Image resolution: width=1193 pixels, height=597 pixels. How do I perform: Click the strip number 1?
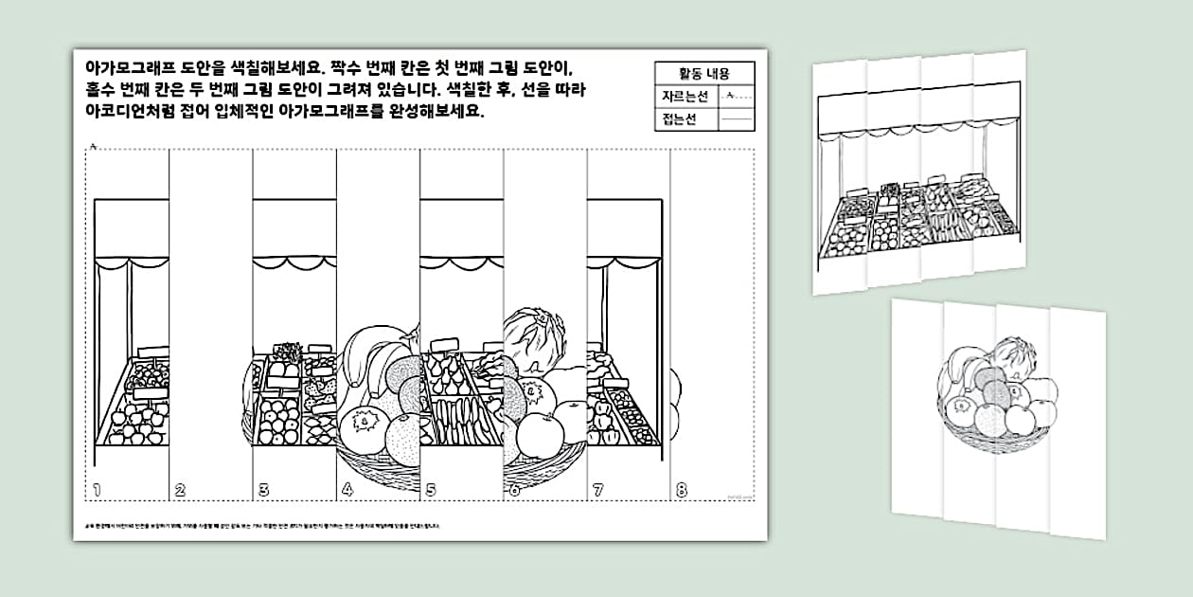[98, 490]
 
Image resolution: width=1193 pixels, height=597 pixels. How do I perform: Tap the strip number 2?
[180, 490]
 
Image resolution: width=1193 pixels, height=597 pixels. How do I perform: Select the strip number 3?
[263, 490]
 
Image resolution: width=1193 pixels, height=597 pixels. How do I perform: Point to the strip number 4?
[347, 490]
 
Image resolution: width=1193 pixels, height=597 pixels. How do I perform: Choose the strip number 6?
[514, 490]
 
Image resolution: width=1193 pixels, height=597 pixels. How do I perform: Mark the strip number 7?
[597, 490]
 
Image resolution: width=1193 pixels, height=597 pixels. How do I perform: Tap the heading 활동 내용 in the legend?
[703, 73]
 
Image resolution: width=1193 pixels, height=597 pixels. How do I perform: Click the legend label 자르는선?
[686, 96]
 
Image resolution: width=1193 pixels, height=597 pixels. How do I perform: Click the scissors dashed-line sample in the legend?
[736, 96]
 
